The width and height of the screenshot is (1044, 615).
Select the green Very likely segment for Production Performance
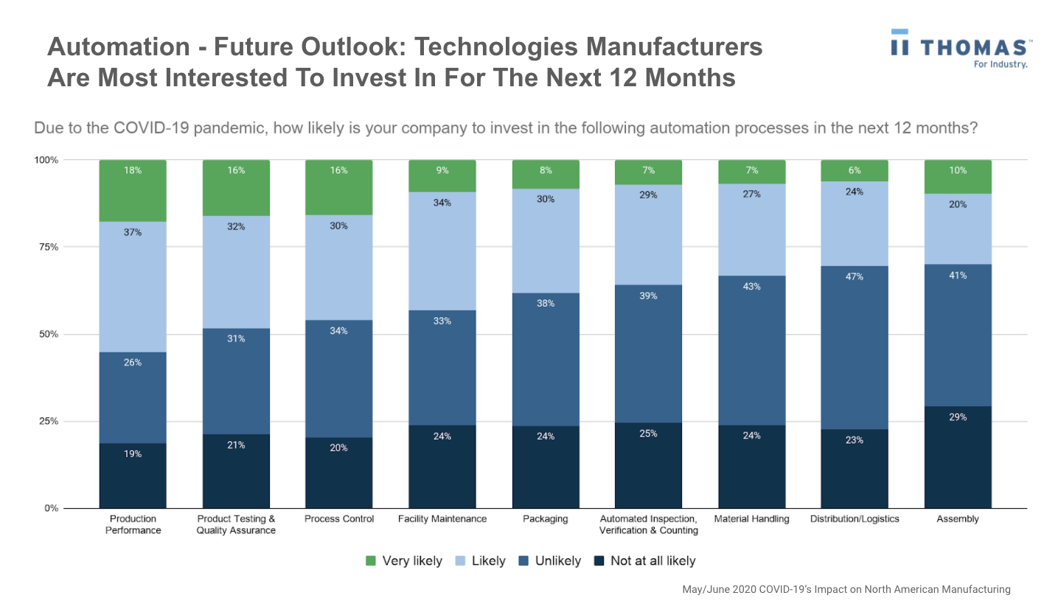pos(133,190)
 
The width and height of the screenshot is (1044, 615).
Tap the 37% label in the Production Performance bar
pos(133,232)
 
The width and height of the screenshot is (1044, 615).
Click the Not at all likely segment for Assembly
pos(958,457)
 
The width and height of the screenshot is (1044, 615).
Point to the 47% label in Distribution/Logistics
pos(855,277)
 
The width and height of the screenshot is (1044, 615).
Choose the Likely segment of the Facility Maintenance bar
pos(442,251)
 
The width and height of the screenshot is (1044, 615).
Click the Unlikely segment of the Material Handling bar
pos(751,350)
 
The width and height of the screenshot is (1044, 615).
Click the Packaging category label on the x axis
pos(545,519)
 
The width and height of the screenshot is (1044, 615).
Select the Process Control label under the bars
pos(339,519)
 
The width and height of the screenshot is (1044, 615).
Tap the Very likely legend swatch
pos(371,561)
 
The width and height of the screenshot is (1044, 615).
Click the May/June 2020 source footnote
pos(846,590)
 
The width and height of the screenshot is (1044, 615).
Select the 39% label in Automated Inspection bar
pos(648,296)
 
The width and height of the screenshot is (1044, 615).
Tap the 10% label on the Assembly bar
pos(958,170)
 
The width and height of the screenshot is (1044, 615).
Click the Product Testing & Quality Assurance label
pos(236,524)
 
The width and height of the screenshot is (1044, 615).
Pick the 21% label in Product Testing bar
pos(236,445)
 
